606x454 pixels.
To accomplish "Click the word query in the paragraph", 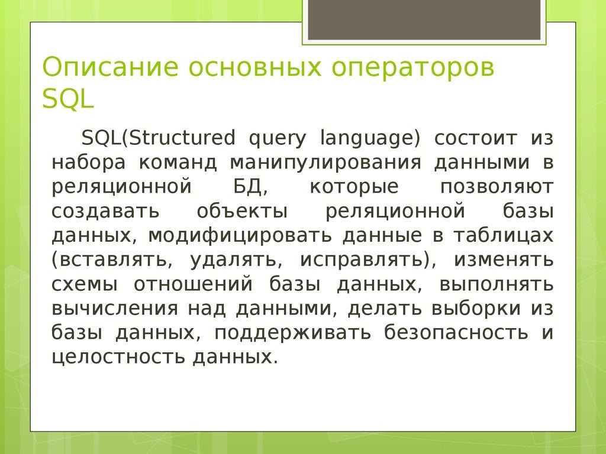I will point(278,138).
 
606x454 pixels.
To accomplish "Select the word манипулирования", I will point(326,163).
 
